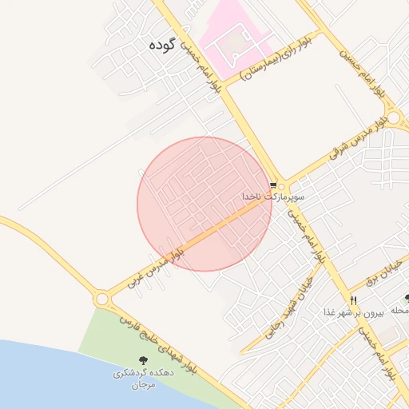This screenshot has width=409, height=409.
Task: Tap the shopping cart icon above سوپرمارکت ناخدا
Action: click(274, 183)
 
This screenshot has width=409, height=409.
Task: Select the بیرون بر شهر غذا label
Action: click(354, 312)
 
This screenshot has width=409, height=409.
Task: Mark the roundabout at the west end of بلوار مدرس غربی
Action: click(101, 299)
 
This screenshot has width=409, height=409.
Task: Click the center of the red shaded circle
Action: click(204, 204)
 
